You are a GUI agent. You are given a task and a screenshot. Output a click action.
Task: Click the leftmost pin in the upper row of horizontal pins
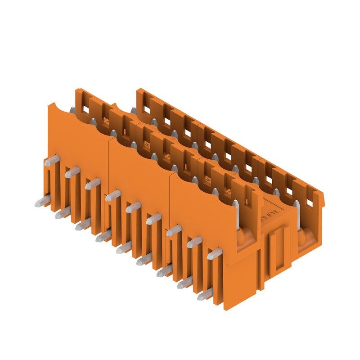point(51,160)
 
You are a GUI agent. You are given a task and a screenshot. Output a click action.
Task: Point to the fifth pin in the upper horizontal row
point(133,207)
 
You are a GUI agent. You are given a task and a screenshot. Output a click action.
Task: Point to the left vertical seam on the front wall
point(108,171)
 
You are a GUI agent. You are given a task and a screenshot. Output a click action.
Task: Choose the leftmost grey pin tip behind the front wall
point(72,109)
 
